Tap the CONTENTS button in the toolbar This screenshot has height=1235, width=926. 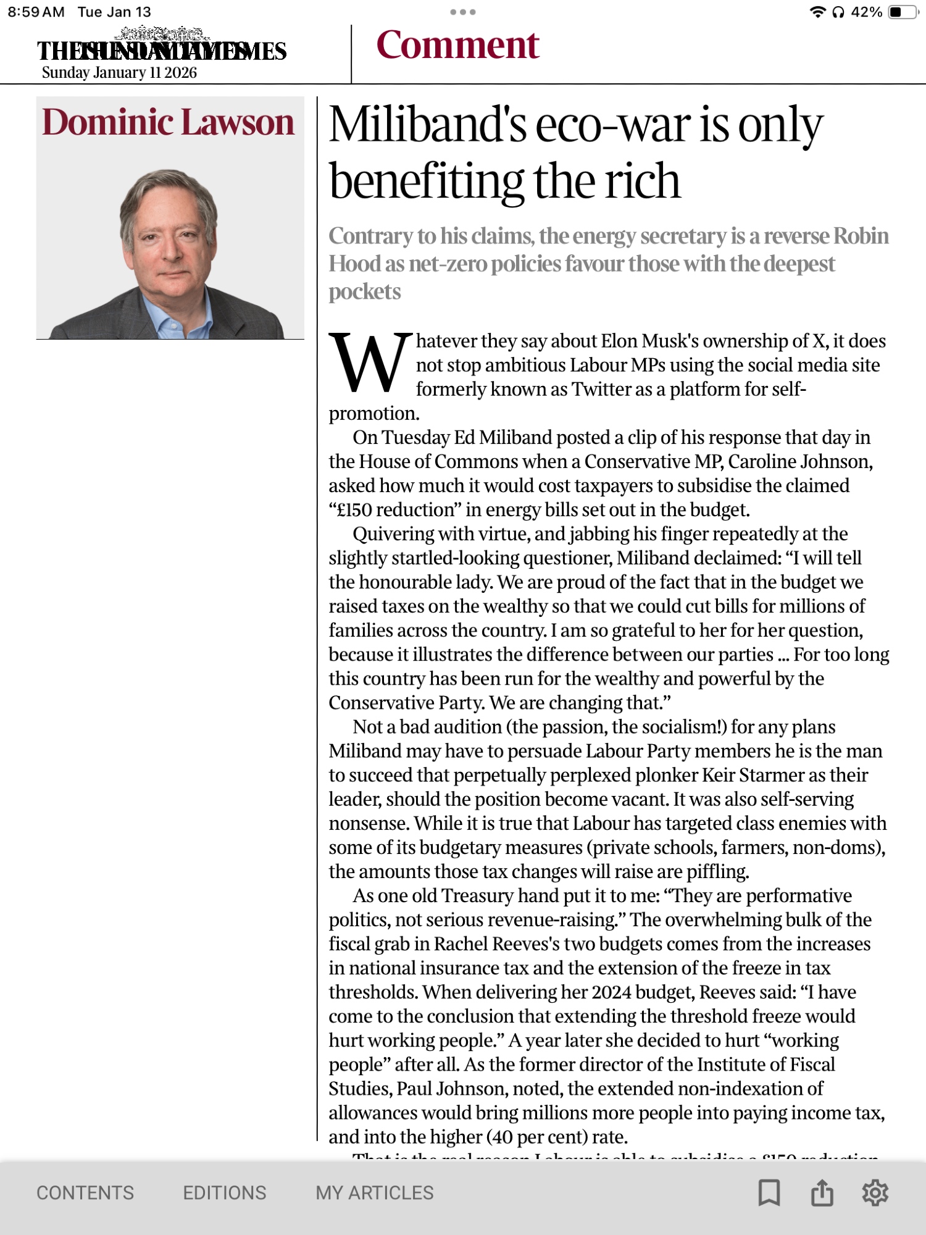[x=85, y=1192]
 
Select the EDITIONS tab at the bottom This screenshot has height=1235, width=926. [x=224, y=1192]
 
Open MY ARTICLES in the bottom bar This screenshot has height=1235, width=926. [x=375, y=1192]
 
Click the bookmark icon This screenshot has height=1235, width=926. [x=769, y=1192]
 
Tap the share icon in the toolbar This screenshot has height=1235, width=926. [x=822, y=1192]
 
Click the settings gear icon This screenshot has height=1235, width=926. [x=875, y=1192]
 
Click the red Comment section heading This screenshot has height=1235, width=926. [x=457, y=45]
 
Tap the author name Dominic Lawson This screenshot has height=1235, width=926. [x=168, y=122]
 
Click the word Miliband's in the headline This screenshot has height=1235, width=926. [x=427, y=125]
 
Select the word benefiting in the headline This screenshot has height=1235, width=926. [x=426, y=181]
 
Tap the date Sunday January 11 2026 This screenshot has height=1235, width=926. [x=119, y=73]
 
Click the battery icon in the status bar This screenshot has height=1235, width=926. [x=903, y=12]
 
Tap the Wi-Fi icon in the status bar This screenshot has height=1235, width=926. [x=817, y=12]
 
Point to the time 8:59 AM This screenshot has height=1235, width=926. [x=36, y=12]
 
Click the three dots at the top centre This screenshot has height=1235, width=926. [x=462, y=12]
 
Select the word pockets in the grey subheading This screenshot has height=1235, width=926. [x=364, y=291]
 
